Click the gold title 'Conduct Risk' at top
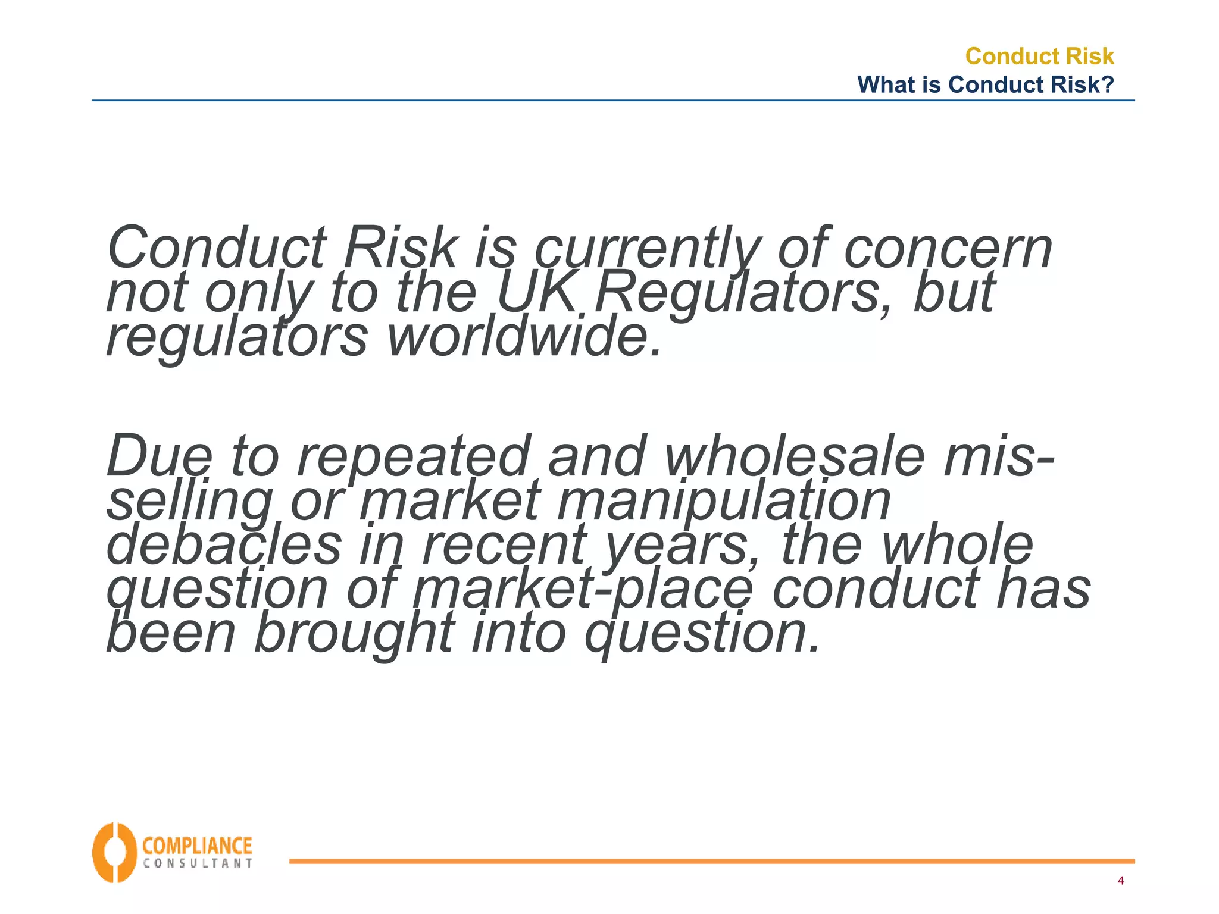click(1039, 56)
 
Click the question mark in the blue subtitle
click(1107, 84)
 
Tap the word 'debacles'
click(224, 544)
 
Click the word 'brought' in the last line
click(355, 634)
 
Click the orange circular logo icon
click(114, 853)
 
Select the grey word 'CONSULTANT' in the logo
click(198, 863)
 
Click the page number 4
click(1121, 881)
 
